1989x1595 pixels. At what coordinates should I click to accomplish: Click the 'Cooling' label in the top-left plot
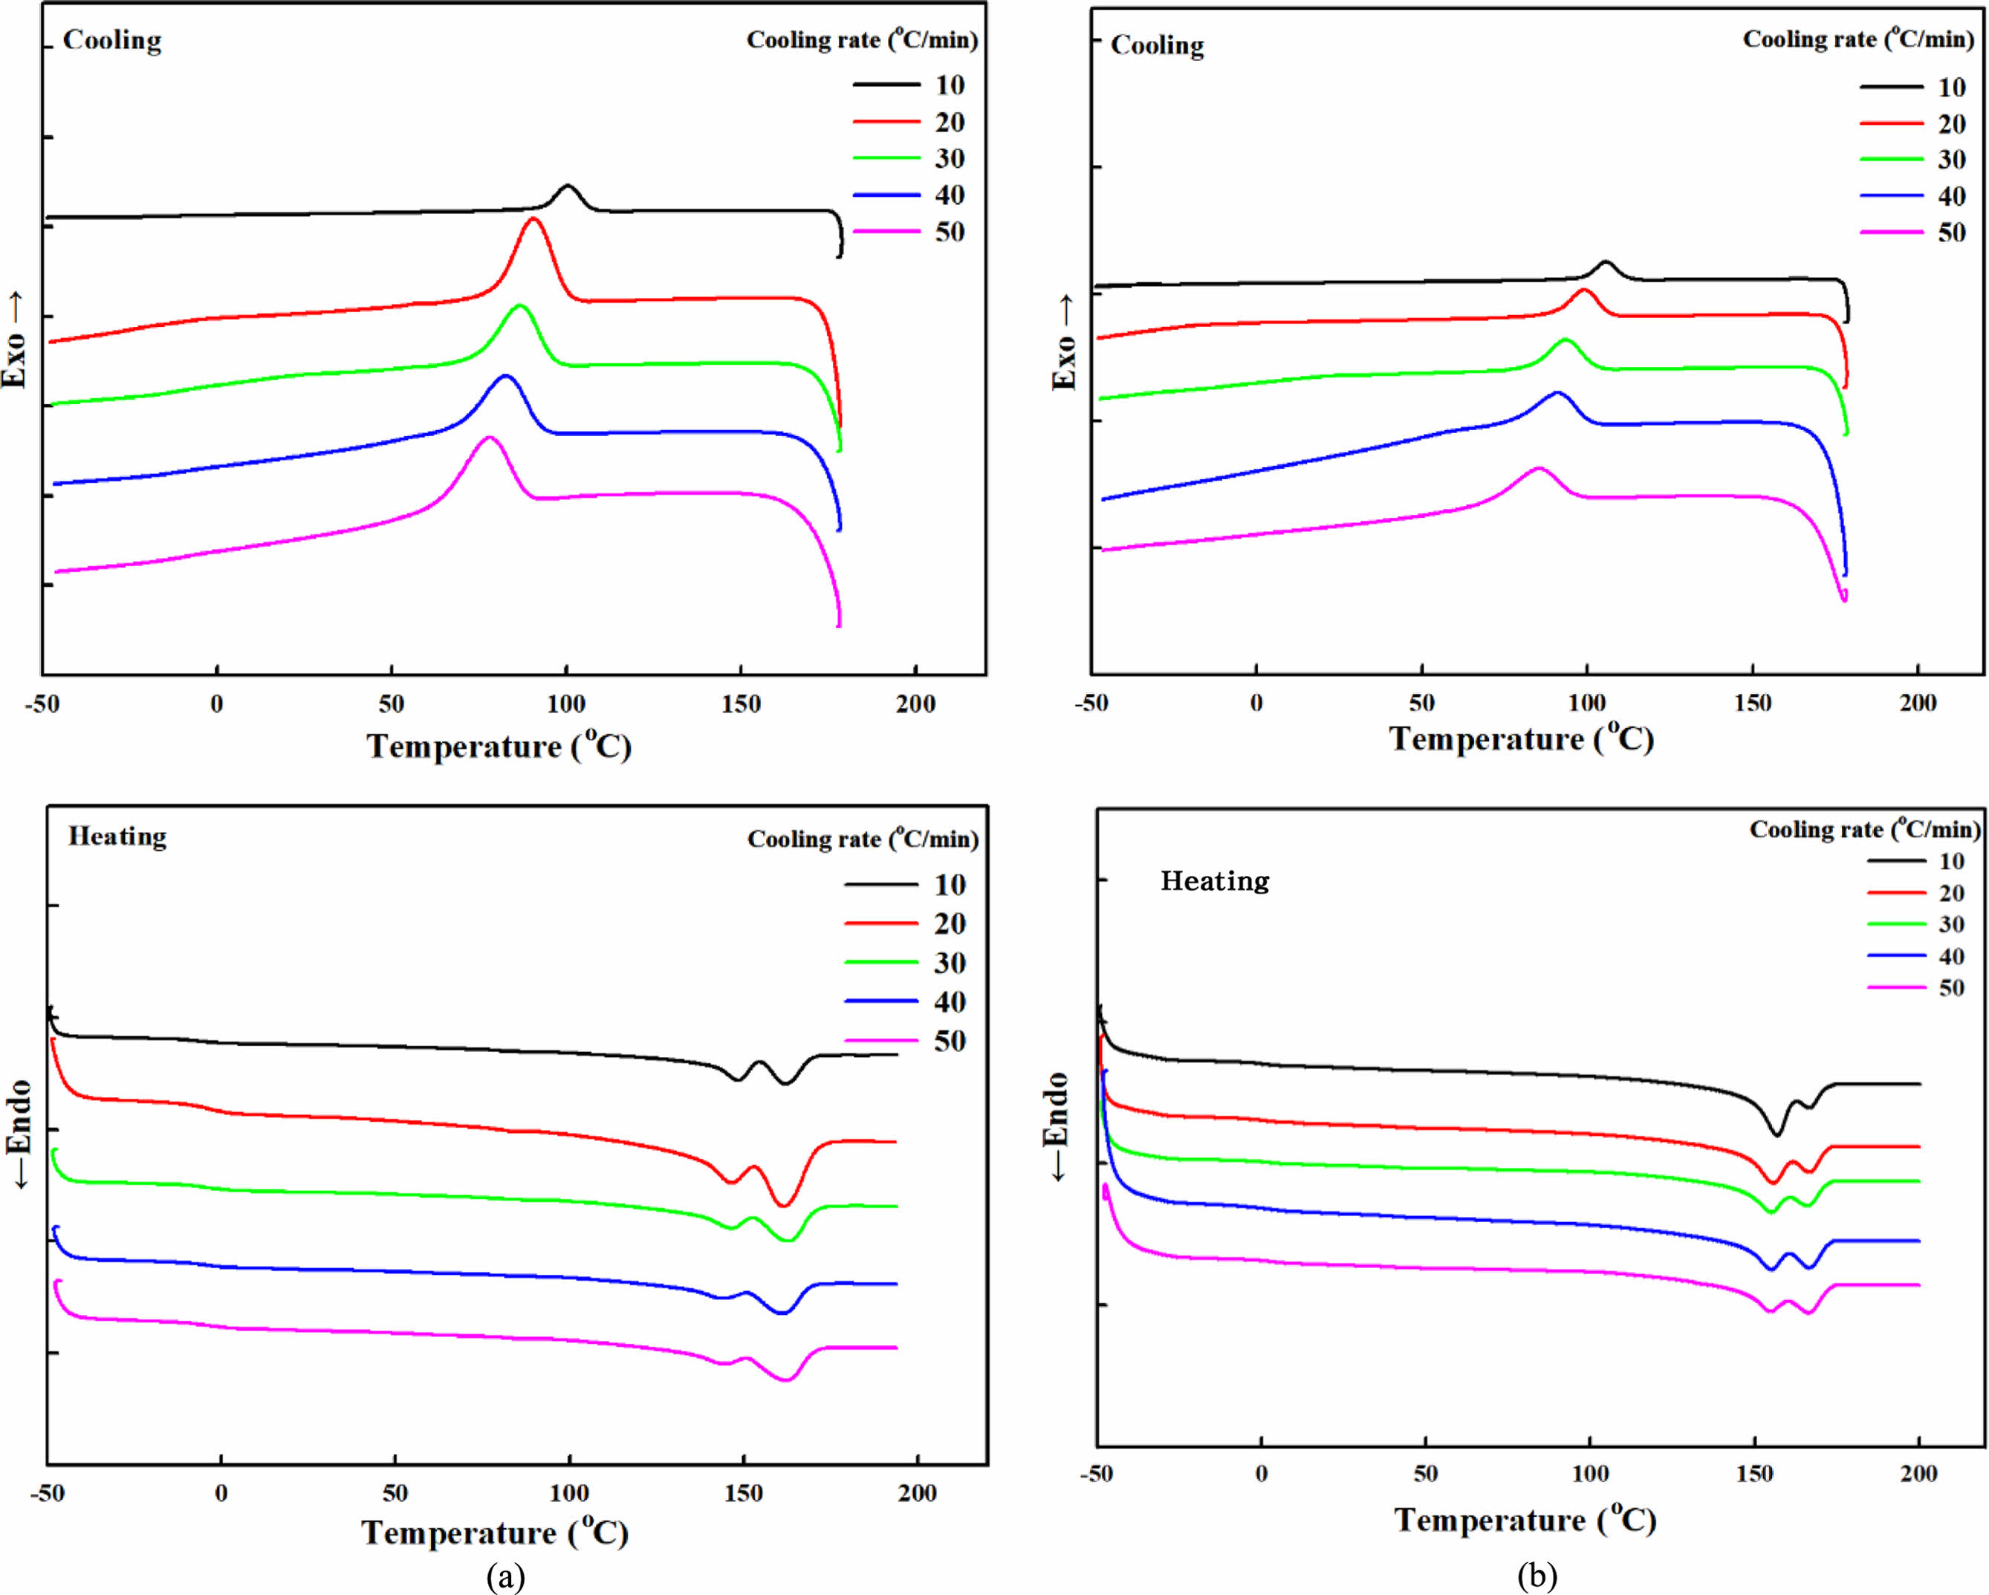tap(111, 41)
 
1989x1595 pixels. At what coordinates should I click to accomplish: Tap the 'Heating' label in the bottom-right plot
tap(1214, 881)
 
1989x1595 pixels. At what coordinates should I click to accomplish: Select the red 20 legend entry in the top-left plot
tap(909, 123)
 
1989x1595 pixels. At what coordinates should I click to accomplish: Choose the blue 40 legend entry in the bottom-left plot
tap(904, 1002)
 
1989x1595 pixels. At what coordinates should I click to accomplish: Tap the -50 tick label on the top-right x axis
tap(1091, 703)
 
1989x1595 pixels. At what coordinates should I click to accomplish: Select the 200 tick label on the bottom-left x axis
tap(916, 1492)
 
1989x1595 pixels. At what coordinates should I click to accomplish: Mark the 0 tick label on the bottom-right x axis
tap(1261, 1473)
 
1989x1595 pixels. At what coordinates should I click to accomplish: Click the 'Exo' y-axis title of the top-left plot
tap(15, 340)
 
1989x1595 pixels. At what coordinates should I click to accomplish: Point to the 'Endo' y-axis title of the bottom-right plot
tap(1057, 1125)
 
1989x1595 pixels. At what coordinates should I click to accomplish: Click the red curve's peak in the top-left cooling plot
tap(533, 218)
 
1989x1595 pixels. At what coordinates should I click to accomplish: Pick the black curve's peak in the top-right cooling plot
tap(1605, 262)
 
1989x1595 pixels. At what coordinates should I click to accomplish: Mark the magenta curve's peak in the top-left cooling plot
tap(489, 438)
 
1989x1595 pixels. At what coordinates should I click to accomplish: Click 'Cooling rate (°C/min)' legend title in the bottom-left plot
tap(863, 839)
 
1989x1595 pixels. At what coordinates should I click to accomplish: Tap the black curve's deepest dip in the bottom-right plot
tap(1777, 1134)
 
